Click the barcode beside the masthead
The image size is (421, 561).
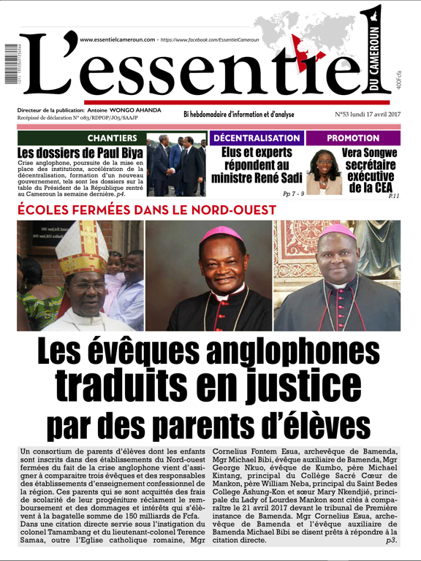[x=10, y=64]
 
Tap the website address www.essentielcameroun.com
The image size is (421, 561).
[x=117, y=39]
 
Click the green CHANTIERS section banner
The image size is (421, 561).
[x=112, y=138]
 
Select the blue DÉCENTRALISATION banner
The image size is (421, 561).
[x=257, y=138]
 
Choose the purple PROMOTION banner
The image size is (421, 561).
[x=353, y=138]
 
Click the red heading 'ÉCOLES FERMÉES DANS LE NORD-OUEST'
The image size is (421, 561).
[x=146, y=210]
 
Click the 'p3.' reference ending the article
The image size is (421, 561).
[x=392, y=541]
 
